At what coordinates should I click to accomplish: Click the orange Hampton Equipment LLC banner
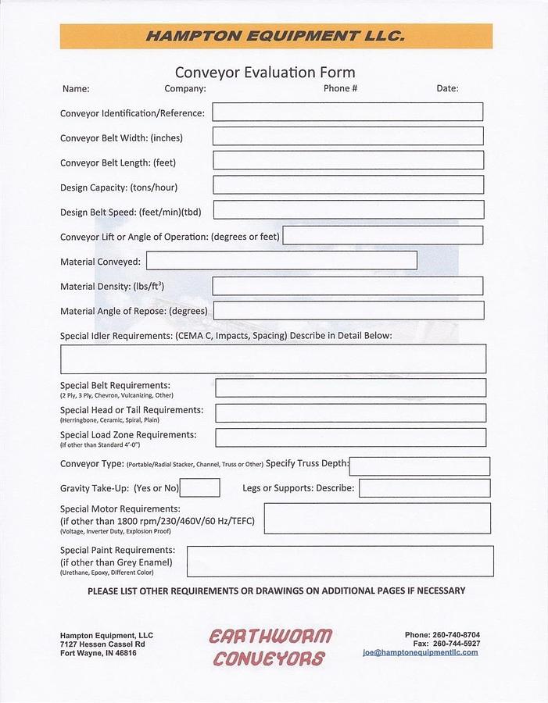[x=276, y=36]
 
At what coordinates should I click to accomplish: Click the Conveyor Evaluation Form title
[x=265, y=73]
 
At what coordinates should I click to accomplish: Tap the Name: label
[x=76, y=89]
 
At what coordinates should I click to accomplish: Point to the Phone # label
[x=340, y=88]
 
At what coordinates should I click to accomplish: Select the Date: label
[x=447, y=89]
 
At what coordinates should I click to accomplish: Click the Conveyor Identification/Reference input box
[x=347, y=112]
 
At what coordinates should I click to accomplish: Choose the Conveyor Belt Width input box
[x=347, y=136]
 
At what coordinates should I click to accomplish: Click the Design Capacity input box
[x=347, y=185]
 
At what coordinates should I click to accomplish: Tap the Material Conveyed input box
[x=281, y=260]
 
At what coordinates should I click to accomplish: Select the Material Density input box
[x=347, y=286]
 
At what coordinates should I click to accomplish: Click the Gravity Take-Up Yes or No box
[x=199, y=488]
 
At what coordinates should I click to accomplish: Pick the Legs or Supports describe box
[x=424, y=488]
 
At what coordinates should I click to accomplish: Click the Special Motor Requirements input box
[x=377, y=519]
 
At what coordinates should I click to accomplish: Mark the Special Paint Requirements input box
[x=340, y=561]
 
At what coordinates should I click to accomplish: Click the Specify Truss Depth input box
[x=420, y=466]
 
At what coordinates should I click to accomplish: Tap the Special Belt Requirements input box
[x=350, y=387]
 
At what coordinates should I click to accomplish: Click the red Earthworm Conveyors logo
[x=270, y=647]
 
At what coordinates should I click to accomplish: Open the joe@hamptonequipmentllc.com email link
[x=420, y=652]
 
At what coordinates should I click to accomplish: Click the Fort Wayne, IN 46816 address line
[x=98, y=653]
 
